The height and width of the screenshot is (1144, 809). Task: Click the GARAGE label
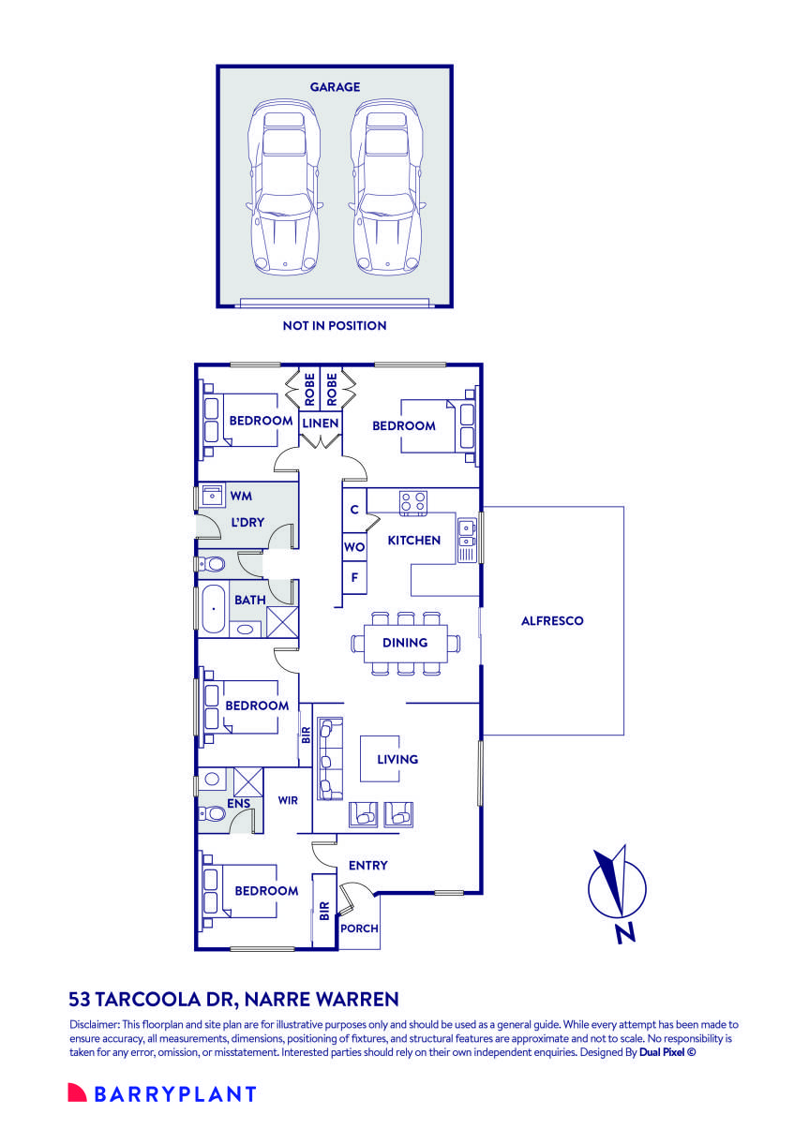pyautogui.click(x=335, y=87)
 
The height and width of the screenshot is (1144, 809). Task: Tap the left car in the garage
pyautogui.click(x=283, y=187)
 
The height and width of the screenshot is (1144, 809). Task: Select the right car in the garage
pyautogui.click(x=384, y=187)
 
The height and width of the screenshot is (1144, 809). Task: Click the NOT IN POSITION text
pyautogui.click(x=335, y=326)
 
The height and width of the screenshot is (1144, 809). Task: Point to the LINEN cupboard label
pyautogui.click(x=320, y=423)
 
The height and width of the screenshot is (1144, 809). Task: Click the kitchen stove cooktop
pyautogui.click(x=413, y=502)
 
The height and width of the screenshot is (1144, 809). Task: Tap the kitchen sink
pyautogui.click(x=466, y=533)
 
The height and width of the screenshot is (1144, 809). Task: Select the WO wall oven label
pyautogui.click(x=353, y=547)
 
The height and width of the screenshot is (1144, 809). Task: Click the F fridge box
pyautogui.click(x=353, y=578)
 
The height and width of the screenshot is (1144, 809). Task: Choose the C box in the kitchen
pyautogui.click(x=353, y=511)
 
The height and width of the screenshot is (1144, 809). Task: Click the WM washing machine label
pyautogui.click(x=242, y=494)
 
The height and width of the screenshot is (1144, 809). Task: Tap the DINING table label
pyautogui.click(x=405, y=643)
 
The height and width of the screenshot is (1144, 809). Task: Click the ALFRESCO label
pyautogui.click(x=552, y=620)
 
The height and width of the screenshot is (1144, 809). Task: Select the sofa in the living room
pyautogui.click(x=330, y=759)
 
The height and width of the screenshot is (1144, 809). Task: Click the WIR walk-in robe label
pyautogui.click(x=288, y=800)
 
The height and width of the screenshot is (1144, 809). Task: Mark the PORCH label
pyautogui.click(x=359, y=929)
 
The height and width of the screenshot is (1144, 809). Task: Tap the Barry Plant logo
pyautogui.click(x=161, y=1093)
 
